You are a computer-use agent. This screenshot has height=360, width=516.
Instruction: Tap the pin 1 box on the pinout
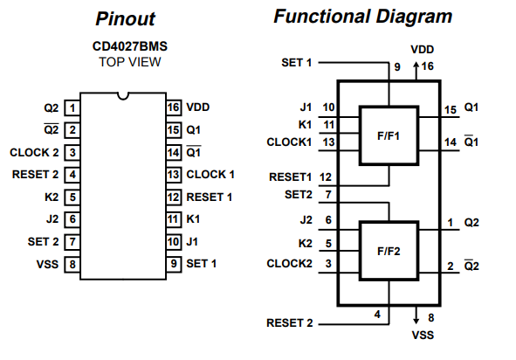(72, 108)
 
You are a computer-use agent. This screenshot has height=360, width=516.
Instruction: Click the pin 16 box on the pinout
(174, 107)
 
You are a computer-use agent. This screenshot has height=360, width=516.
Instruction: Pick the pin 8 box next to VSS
(72, 264)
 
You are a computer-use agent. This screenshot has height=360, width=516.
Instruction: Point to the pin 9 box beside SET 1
(174, 264)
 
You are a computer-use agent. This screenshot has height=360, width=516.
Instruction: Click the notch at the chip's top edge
(123, 96)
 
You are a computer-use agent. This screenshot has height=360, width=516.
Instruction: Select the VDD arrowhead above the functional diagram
(416, 65)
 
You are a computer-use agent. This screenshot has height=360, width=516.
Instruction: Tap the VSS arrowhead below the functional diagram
(416, 321)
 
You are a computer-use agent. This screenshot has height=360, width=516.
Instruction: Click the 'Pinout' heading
(125, 18)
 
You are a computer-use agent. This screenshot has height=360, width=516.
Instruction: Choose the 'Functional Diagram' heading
(362, 17)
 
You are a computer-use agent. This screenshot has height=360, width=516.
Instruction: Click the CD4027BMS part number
(130, 46)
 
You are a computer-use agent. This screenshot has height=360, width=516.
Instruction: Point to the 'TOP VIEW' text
(130, 62)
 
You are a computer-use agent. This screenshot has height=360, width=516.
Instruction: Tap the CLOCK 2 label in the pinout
(34, 153)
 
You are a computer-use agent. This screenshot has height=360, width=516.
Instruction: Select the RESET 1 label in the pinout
(210, 197)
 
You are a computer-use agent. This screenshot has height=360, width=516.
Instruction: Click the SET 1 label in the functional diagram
(296, 63)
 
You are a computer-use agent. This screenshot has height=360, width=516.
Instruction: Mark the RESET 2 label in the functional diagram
(290, 323)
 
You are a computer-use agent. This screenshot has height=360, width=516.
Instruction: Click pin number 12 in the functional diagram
(326, 177)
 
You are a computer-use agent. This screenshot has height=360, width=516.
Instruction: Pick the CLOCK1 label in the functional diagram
(289, 142)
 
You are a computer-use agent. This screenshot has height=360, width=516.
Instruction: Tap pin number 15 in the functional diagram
(451, 110)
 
